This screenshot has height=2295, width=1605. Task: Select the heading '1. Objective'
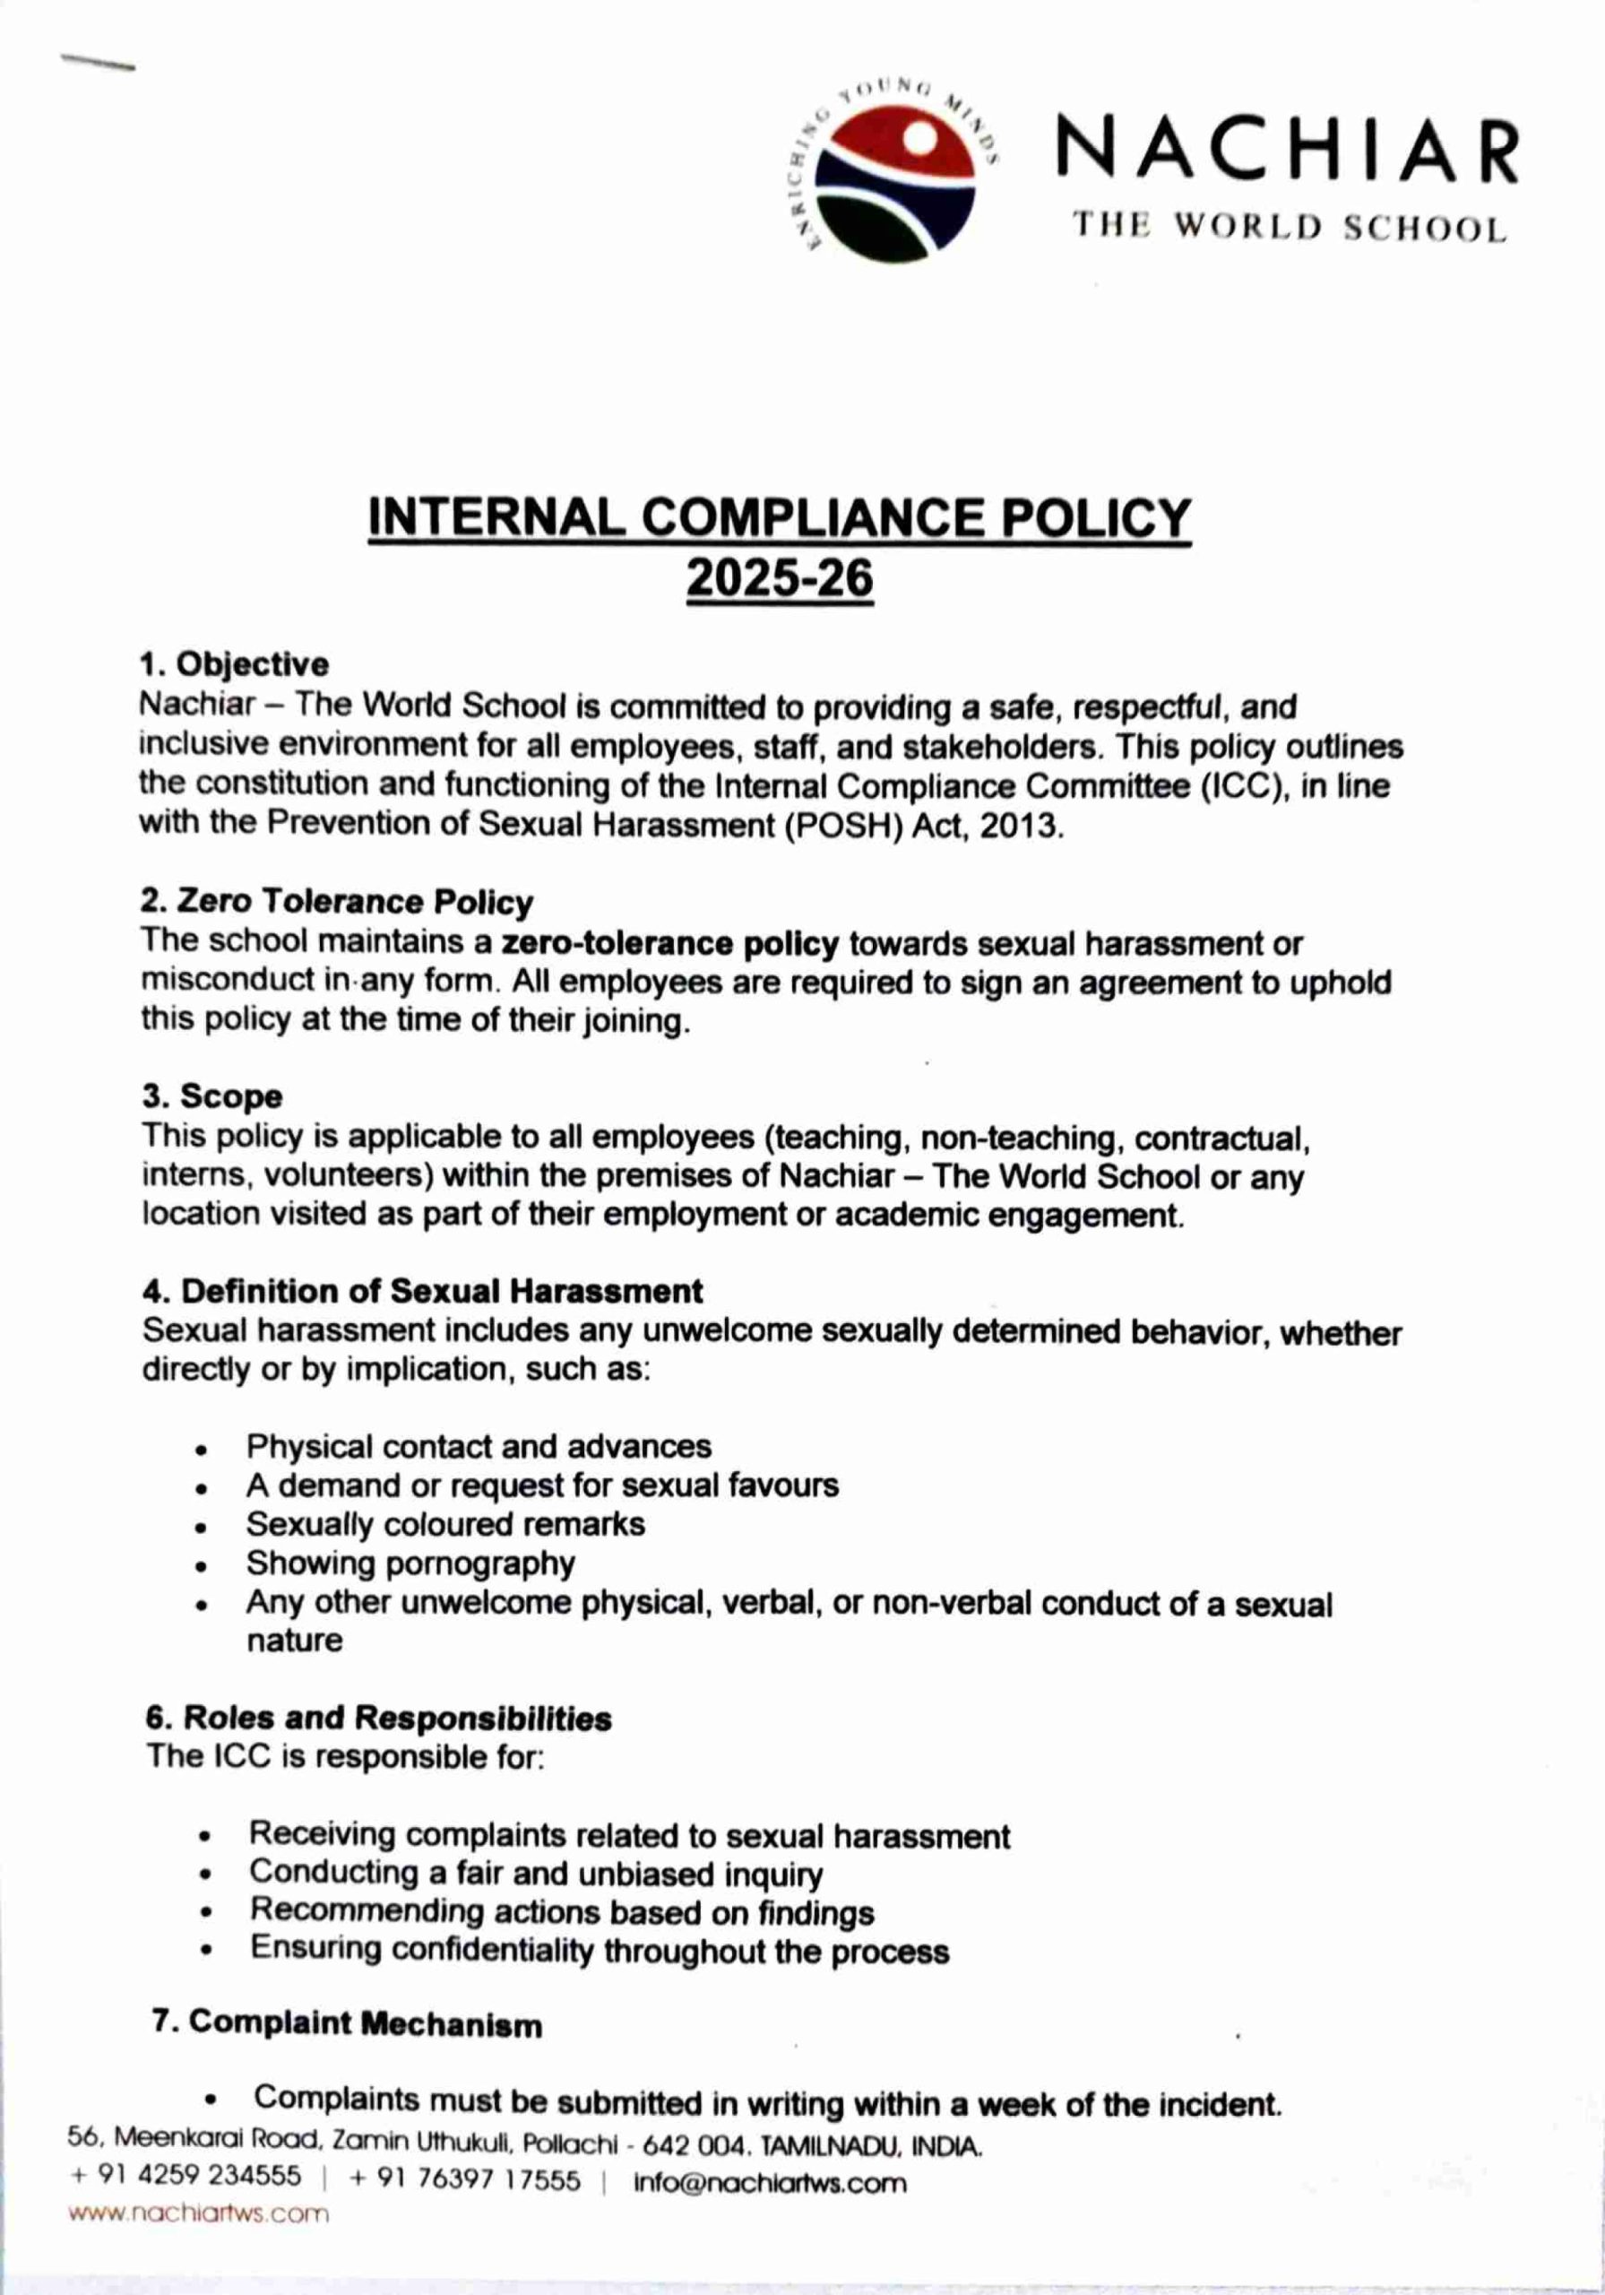click(x=235, y=663)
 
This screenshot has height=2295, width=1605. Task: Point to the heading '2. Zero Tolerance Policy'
click(x=337, y=902)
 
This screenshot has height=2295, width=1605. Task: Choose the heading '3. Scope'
click(x=211, y=1096)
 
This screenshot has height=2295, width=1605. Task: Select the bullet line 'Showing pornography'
click(x=410, y=1563)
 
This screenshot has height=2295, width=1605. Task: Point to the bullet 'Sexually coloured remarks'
click(x=445, y=1523)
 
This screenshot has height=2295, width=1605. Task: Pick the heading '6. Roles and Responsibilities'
click(x=379, y=1719)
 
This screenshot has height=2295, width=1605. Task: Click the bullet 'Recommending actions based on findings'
click(x=562, y=1912)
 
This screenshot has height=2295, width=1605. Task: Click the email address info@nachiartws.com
click(x=771, y=2182)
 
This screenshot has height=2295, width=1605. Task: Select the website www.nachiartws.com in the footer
click(x=198, y=2213)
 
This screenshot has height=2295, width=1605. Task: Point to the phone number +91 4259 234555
click(x=185, y=2181)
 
